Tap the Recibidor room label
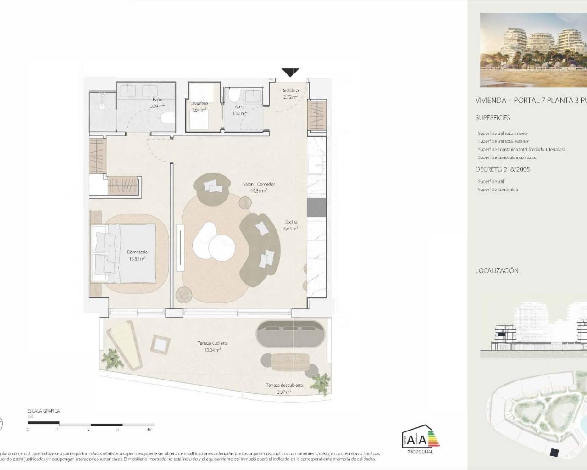pos(290,94)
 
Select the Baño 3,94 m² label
pos(157,102)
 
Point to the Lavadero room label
pos(199,106)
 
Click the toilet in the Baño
pos(167,118)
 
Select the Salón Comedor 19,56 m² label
pos(259,187)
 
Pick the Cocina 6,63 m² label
pos(291,225)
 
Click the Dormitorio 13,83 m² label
pos(137,255)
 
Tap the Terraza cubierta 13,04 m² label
pos(212,346)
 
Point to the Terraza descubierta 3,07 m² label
pos(284,388)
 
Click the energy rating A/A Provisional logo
pos(420,441)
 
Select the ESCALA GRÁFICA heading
pos(44,411)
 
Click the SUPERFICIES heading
pos(493,118)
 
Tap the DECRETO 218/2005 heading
pos(502,169)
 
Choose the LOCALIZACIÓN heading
pos(497,271)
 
